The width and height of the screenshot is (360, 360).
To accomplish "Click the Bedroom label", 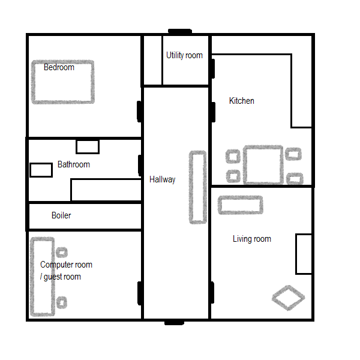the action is pos(59,67).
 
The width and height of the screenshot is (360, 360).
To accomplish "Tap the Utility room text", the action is pos(184,55).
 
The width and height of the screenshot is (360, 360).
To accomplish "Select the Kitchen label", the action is pos(242,101).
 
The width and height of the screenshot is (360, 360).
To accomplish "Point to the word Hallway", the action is pos(163,179).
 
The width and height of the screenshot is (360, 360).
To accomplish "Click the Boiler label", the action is pos(61,215).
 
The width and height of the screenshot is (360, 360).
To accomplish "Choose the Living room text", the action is pos(252,239).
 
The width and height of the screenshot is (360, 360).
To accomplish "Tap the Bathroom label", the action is pos(74,164).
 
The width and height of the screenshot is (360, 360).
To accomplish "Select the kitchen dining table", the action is pos(263,164).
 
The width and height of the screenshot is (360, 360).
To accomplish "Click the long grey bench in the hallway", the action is pos(197,187).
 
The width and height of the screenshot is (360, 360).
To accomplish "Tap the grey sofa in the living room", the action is pos(241,205).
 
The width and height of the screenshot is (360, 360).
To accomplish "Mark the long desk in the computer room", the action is pos(43,277).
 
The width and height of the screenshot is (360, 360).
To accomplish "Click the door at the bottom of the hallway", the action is pos(174,323).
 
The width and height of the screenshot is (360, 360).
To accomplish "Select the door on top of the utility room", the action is pos(180,31).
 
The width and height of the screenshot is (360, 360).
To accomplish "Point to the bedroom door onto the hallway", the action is pos(139,112).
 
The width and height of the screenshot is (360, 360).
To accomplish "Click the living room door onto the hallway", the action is pos(212,293).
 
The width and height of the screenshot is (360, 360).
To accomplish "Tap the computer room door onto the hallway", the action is pos(140,293).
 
